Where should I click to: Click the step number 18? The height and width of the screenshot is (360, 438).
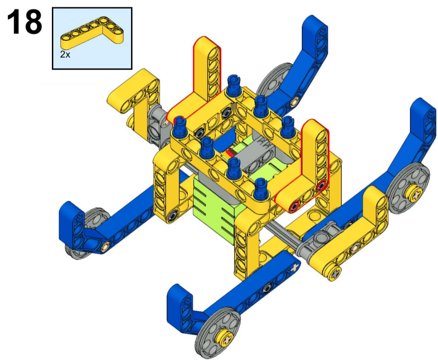[25, 22]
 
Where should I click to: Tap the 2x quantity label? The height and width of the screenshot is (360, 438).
[65, 54]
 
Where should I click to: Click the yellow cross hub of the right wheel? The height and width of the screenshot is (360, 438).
[415, 194]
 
